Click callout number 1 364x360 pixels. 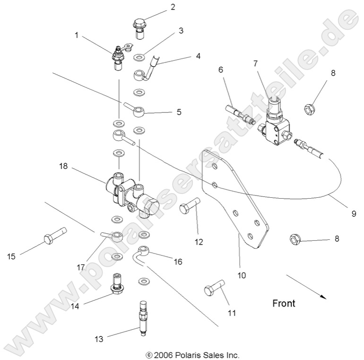point(77,35)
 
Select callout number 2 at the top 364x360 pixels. point(159,7)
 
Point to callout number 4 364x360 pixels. point(198,56)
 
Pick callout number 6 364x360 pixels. point(220,69)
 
